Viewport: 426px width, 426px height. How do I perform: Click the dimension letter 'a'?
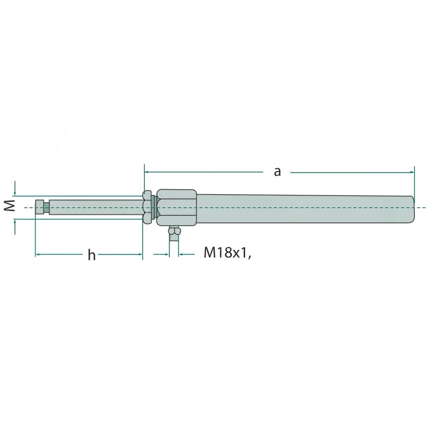pos(277,172)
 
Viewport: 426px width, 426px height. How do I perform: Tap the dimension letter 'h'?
pos(92,255)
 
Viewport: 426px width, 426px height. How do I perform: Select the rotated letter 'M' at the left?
pos(10,205)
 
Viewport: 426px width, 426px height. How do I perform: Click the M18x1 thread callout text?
pos(227,253)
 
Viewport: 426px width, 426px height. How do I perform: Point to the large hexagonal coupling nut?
pos(177,208)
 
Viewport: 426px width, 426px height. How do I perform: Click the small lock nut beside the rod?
pos(147,207)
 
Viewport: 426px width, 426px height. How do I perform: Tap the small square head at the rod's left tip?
pos(39,207)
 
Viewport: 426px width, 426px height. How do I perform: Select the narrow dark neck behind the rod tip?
pos(47,208)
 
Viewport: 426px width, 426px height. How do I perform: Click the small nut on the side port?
pos(174,231)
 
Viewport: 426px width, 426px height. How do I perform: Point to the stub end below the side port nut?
pos(174,237)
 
